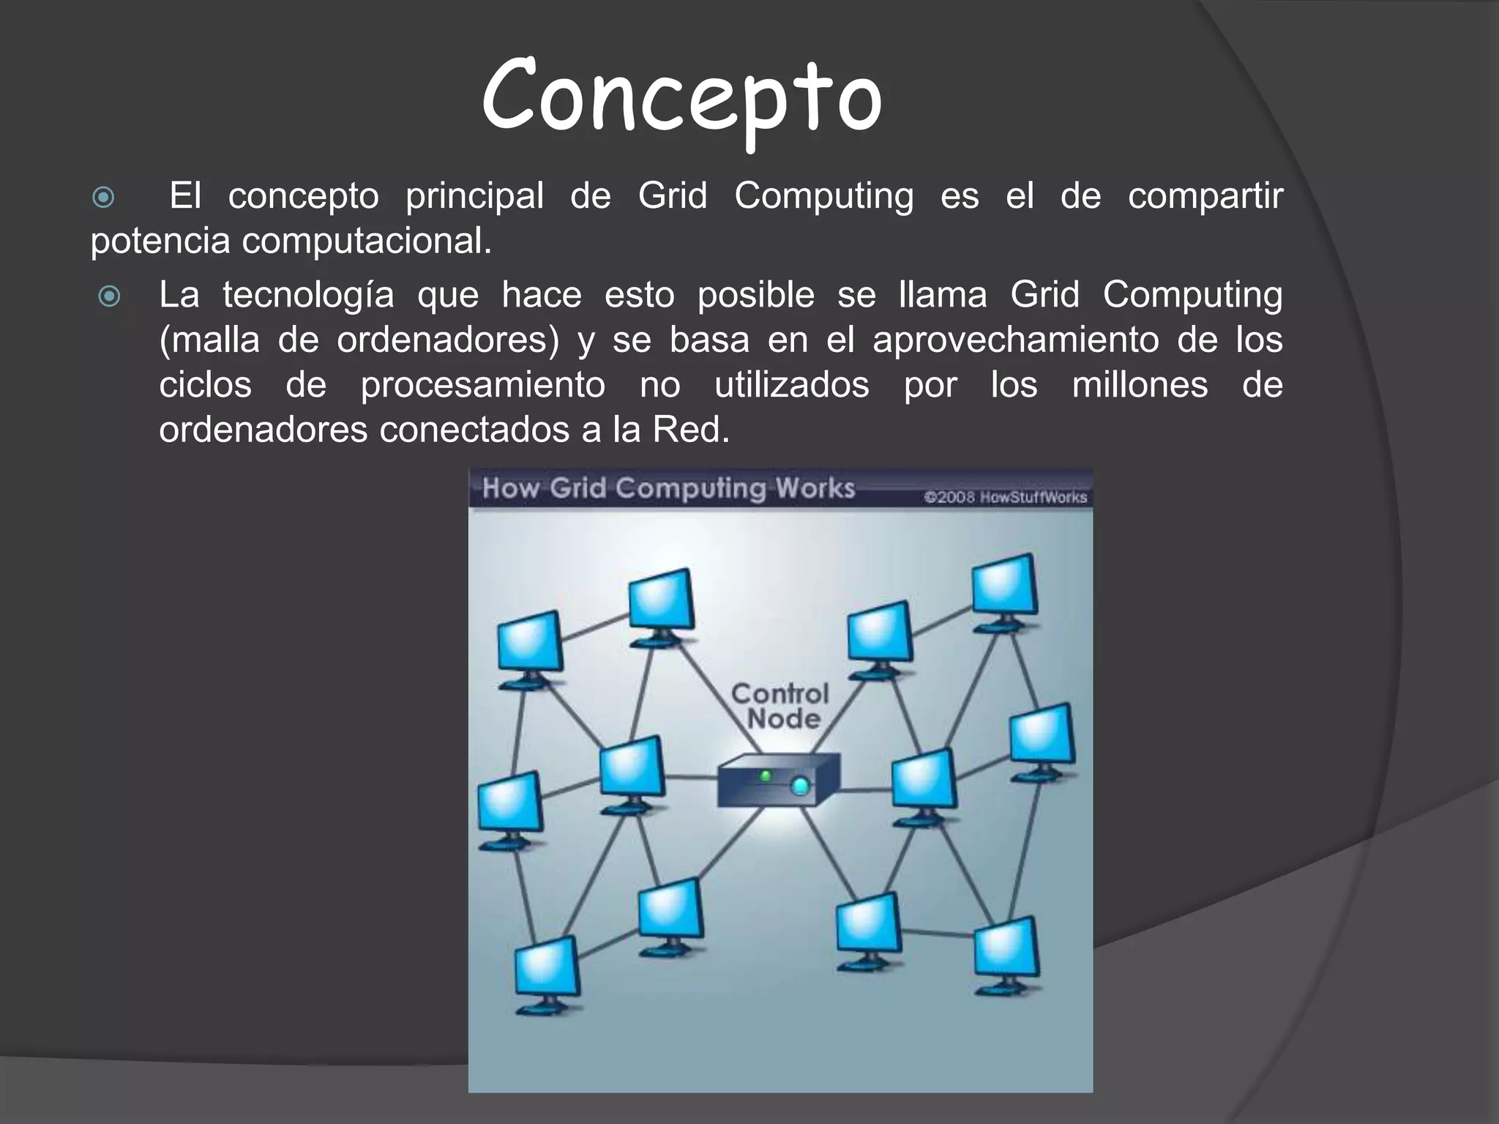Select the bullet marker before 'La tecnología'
pyautogui.click(x=109, y=296)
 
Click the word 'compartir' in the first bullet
pyautogui.click(x=1205, y=196)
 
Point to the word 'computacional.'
pyautogui.click(x=367, y=241)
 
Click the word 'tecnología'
pyautogui.click(x=308, y=295)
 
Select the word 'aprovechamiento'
pyautogui.click(x=1015, y=340)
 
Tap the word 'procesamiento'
pyautogui.click(x=482, y=385)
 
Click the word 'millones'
pyautogui.click(x=1140, y=385)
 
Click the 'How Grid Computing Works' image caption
pyautogui.click(x=668, y=488)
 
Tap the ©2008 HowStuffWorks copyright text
pyautogui.click(x=1005, y=498)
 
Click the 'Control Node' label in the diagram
pyautogui.click(x=780, y=706)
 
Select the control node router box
pyautogui.click(x=777, y=782)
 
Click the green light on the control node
pyautogui.click(x=766, y=775)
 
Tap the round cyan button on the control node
pyautogui.click(x=801, y=787)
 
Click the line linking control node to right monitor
pyautogui.click(x=865, y=790)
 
